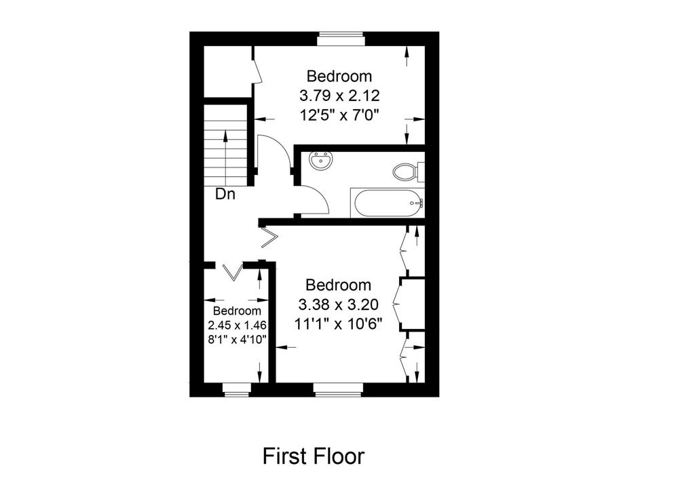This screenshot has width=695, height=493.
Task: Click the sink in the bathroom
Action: coord(320,161)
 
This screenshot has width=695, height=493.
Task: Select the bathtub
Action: coord(388,203)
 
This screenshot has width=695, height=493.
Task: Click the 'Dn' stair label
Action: coord(225,193)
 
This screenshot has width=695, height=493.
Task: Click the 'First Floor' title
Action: coord(314,456)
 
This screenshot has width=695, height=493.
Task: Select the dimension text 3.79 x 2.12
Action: coord(339,95)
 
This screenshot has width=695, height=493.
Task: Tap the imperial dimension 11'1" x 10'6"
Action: coord(338,323)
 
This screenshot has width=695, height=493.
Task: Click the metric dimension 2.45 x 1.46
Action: coord(237,325)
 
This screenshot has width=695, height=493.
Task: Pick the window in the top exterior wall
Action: coord(341,39)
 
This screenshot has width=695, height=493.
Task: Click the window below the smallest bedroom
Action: coord(236,389)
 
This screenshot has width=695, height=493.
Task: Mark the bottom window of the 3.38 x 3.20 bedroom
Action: coord(339,389)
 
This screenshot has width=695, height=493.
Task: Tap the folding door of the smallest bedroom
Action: coord(233,271)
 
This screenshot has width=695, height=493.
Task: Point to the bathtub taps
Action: coord(418,203)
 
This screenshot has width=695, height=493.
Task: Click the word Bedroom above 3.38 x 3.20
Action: coord(338,285)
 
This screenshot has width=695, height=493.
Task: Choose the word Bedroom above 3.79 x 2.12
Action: coord(339,76)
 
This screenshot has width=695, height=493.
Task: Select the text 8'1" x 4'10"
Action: coord(237,340)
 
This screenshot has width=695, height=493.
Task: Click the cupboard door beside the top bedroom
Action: coord(257,71)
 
